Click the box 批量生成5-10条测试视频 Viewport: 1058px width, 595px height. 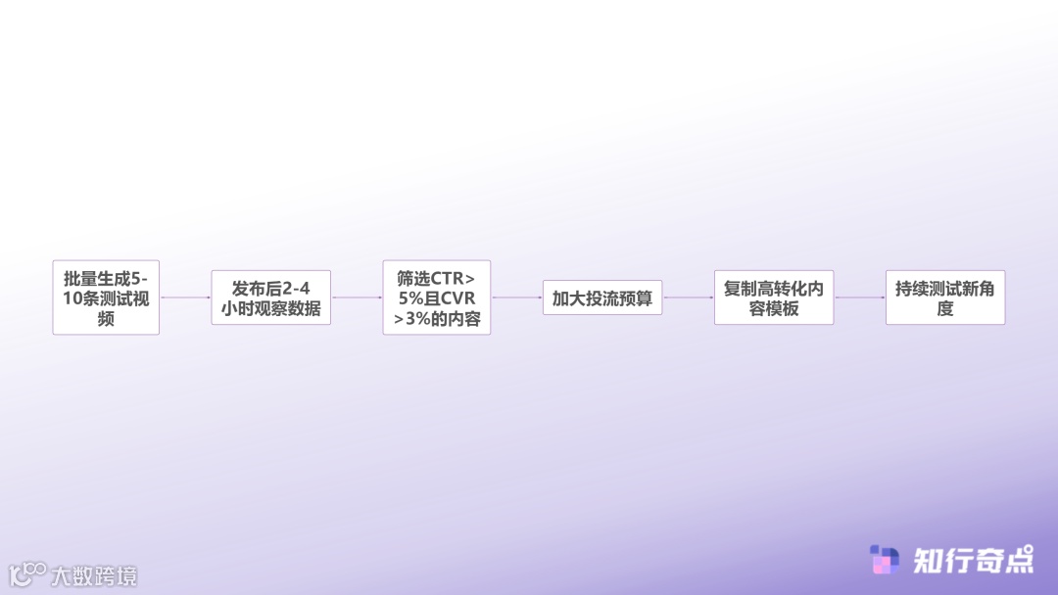(x=106, y=297)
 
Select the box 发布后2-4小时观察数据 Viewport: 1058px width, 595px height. (x=271, y=297)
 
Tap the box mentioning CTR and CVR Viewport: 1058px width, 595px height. (x=437, y=297)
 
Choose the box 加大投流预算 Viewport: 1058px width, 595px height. (x=602, y=297)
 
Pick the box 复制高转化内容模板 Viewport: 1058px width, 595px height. (x=774, y=297)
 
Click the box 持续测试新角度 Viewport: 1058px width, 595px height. (x=945, y=297)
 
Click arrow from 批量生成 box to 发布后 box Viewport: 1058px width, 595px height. (x=185, y=297)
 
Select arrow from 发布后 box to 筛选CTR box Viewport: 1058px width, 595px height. (x=357, y=297)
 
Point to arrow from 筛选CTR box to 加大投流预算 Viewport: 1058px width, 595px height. (x=516, y=297)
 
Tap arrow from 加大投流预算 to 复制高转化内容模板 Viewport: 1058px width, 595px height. (x=688, y=297)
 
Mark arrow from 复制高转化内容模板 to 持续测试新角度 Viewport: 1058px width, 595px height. (x=859, y=297)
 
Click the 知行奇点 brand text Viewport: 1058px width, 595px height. (x=973, y=560)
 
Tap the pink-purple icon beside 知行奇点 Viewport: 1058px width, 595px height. (x=885, y=560)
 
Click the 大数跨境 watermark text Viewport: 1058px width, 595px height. (x=94, y=575)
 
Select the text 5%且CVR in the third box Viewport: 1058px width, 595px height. (x=437, y=298)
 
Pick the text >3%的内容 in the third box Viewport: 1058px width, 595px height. (x=437, y=319)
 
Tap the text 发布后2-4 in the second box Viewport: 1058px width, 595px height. (x=271, y=288)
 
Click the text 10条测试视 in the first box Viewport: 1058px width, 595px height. (x=106, y=298)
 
